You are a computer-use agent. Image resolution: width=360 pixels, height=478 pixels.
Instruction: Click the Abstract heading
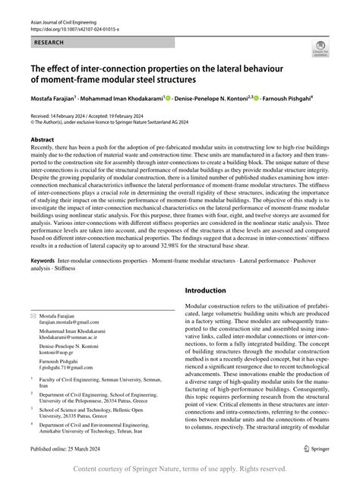(x=42, y=141)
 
